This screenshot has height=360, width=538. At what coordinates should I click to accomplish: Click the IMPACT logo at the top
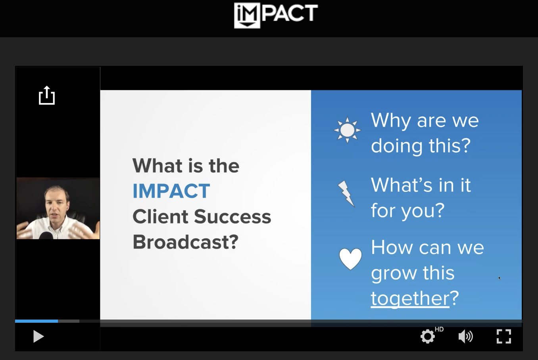[x=276, y=15]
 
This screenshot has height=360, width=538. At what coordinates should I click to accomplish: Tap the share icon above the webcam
[x=47, y=95]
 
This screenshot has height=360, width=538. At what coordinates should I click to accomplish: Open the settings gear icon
[x=428, y=336]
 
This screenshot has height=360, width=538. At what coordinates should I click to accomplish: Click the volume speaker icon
[x=465, y=336]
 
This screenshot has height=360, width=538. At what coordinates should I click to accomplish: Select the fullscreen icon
[x=503, y=336]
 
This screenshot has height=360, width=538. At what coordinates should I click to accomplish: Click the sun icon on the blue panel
[x=347, y=130]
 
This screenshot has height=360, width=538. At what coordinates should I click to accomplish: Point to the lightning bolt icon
[x=346, y=194]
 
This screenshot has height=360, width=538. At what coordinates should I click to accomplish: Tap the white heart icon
[x=350, y=259]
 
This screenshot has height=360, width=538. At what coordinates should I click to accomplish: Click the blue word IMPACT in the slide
[x=171, y=191]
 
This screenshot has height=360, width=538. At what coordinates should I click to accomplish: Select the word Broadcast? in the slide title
[x=185, y=242]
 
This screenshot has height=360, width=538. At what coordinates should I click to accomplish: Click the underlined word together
[x=410, y=298]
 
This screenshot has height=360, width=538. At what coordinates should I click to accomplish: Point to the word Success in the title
[x=232, y=216]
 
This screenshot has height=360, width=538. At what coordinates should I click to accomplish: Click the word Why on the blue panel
[x=391, y=120]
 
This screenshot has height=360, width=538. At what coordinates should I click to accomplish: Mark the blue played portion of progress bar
[x=37, y=321]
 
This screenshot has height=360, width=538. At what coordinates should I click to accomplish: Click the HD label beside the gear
[x=439, y=329]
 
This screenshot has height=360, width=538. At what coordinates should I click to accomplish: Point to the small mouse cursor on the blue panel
[x=500, y=278]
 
